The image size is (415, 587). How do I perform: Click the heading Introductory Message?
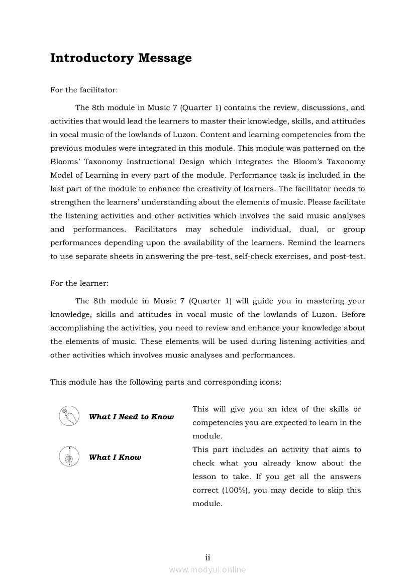pyautogui.click(x=121, y=58)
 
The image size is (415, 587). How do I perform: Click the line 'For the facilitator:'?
pyautogui.click(x=84, y=90)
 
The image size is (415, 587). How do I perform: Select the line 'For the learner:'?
pyautogui.click(x=79, y=283)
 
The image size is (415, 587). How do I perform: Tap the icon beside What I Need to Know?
pyautogui.click(x=69, y=416)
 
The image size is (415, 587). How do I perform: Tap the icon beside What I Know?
pyautogui.click(x=69, y=456)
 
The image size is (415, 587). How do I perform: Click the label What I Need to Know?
pyautogui.click(x=131, y=417)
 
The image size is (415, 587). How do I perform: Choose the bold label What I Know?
pyautogui.click(x=115, y=457)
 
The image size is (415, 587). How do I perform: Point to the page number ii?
pyautogui.click(x=207, y=557)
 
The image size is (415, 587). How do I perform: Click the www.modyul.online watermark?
pyautogui.click(x=207, y=569)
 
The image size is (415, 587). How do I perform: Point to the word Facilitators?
pyautogui.click(x=156, y=229)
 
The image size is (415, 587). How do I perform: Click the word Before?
pyautogui.click(x=353, y=314)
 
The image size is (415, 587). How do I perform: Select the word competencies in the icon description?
pyautogui.click(x=217, y=423)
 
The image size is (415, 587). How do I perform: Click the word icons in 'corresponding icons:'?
pyautogui.click(x=270, y=382)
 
